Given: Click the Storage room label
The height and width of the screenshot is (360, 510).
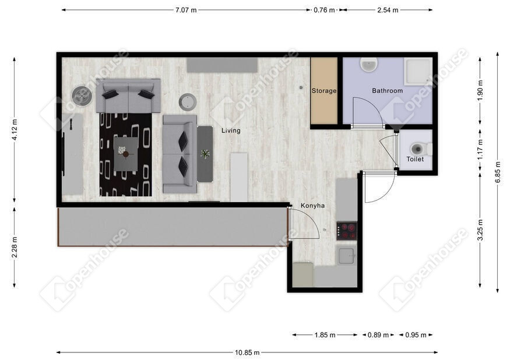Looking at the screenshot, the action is click(x=323, y=91).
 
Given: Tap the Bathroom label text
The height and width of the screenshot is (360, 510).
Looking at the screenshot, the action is click(x=388, y=91).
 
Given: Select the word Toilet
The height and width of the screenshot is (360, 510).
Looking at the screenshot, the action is click(x=415, y=159).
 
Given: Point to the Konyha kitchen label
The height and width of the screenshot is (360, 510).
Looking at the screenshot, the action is click(x=312, y=206).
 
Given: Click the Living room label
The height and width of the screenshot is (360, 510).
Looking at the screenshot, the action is click(x=231, y=130).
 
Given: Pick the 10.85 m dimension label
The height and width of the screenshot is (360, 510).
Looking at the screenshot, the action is click(x=247, y=352).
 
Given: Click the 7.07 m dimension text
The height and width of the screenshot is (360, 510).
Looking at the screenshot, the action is click(x=186, y=10).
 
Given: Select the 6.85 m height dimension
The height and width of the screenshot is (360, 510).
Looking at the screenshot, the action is click(x=498, y=172).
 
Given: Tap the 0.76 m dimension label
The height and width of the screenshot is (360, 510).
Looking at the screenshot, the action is click(x=324, y=10).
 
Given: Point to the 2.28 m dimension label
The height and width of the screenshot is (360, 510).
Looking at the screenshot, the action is click(x=15, y=247).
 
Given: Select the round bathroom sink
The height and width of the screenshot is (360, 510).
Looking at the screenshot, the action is click(x=369, y=65).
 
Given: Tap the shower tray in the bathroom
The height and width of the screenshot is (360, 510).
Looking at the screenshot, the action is click(x=418, y=71).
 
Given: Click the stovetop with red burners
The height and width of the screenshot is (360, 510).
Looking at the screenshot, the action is click(x=347, y=231).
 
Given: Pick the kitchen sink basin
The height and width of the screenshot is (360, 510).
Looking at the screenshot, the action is click(x=346, y=256).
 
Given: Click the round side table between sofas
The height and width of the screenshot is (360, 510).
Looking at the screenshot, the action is click(x=188, y=102).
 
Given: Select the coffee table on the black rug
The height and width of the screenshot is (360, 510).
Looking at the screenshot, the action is click(x=125, y=154).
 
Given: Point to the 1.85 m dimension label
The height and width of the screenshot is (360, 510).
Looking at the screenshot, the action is click(x=325, y=335).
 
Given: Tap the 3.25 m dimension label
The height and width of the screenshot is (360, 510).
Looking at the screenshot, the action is click(x=480, y=230).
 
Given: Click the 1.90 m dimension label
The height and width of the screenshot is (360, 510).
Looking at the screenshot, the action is click(x=480, y=90).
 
